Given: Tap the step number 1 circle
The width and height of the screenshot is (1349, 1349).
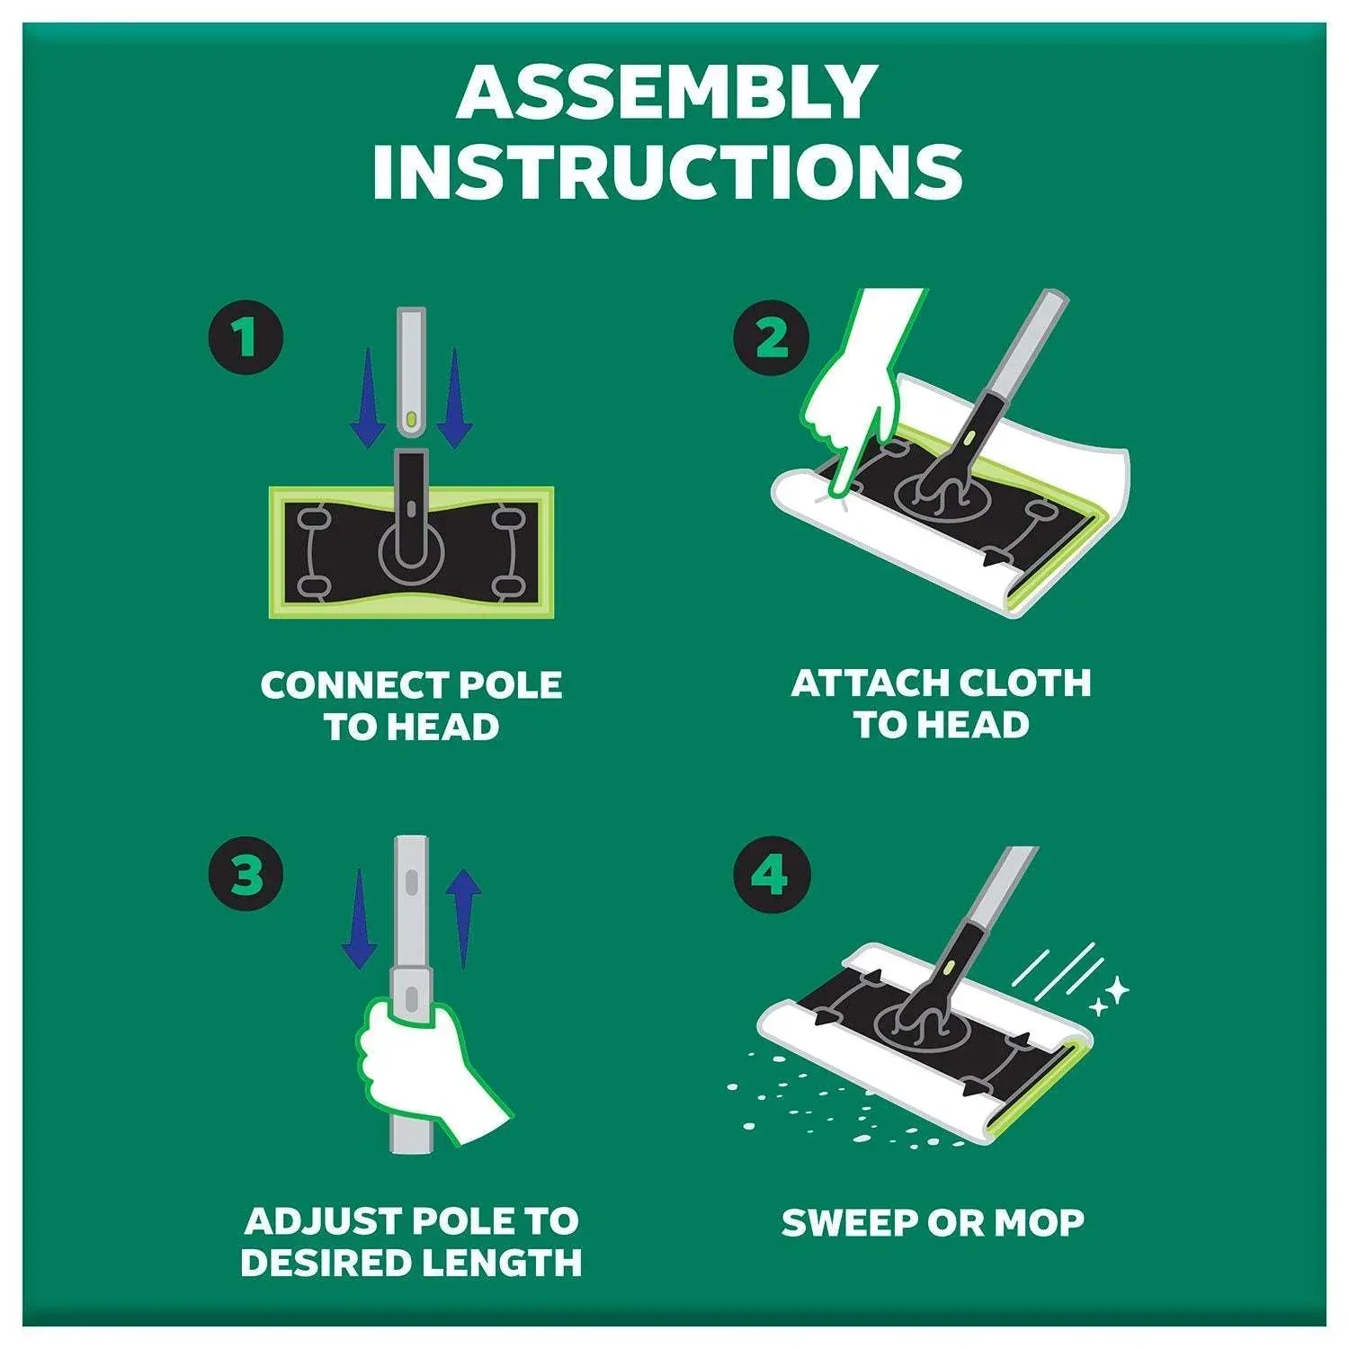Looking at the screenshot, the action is (x=246, y=337).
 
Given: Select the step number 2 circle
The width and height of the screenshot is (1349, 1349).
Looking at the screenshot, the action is (x=771, y=337).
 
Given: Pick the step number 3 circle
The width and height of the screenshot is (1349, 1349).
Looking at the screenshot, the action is (x=246, y=874).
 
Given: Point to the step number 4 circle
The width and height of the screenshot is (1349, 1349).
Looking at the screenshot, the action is (x=771, y=874).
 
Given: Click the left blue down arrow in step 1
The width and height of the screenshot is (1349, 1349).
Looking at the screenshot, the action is (x=366, y=398).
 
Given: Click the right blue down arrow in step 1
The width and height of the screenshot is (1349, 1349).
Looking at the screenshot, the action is (x=454, y=398).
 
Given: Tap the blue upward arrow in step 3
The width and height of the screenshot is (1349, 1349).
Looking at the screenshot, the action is (x=463, y=918).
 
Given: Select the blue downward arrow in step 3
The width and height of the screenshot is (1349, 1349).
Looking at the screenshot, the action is (x=360, y=918).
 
